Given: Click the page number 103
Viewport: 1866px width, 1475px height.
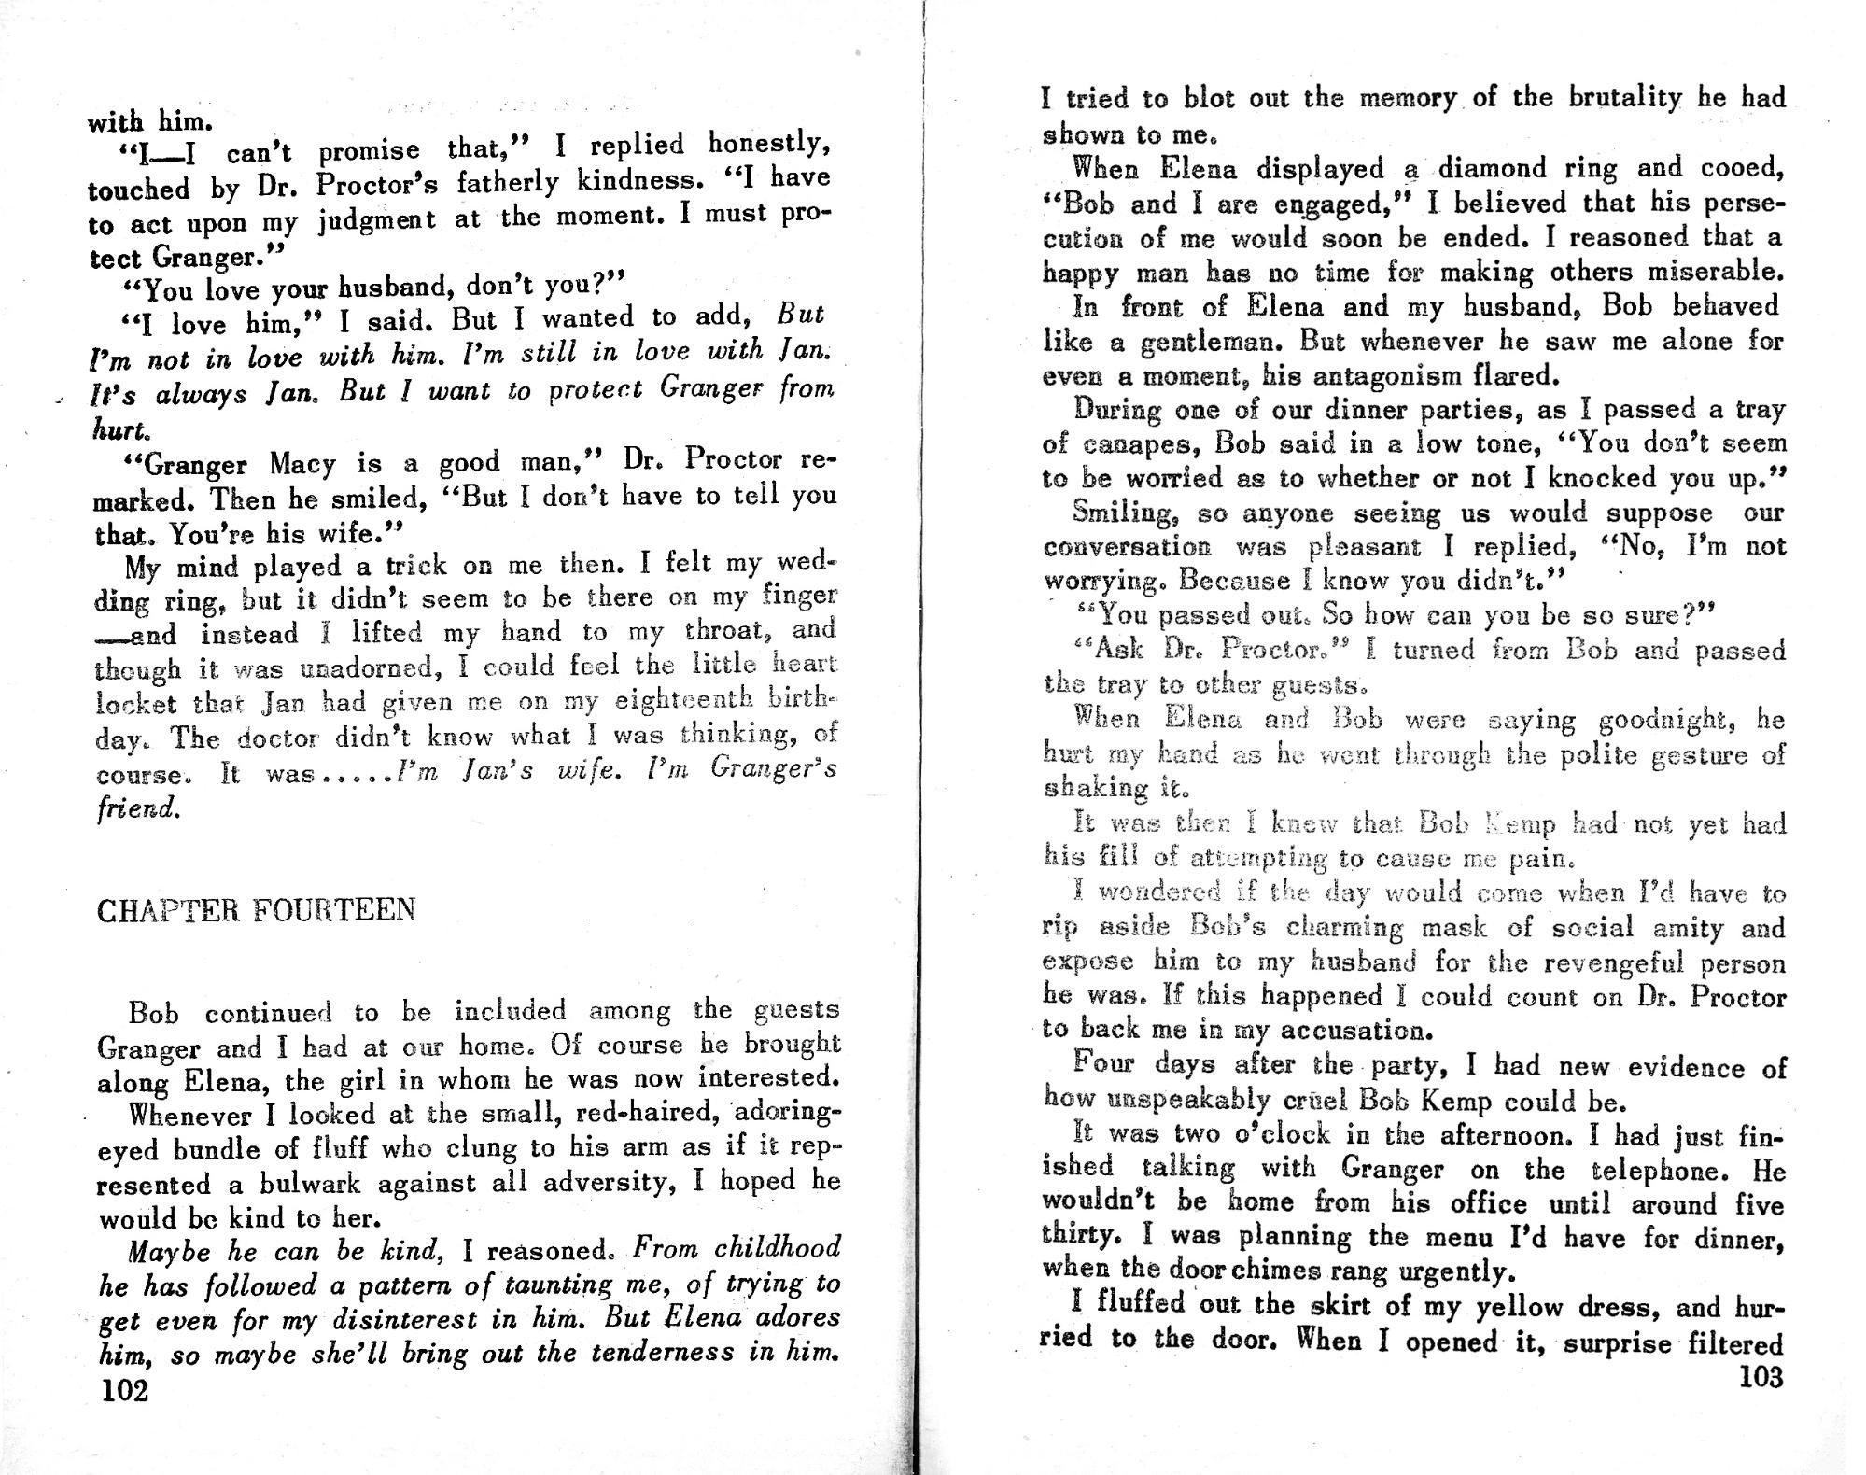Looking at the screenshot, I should click(x=1761, y=1378).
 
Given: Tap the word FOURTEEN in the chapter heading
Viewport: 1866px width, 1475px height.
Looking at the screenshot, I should click(x=334, y=910).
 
